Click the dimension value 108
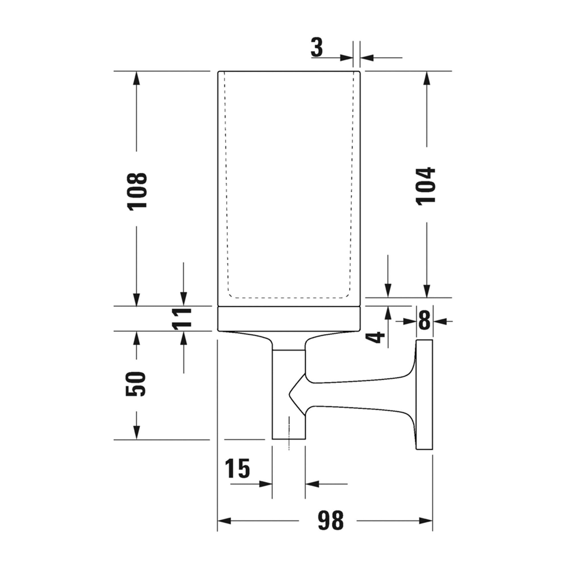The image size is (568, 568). (137, 191)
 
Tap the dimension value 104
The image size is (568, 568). (425, 186)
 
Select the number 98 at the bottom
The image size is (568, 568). (331, 521)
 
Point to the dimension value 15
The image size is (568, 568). (237, 468)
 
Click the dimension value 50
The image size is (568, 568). (136, 384)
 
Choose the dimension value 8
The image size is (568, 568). (424, 321)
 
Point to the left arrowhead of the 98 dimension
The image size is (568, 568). (224, 521)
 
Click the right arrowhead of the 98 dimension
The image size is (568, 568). (426, 521)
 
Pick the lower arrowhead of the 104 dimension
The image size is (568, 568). (427, 291)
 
